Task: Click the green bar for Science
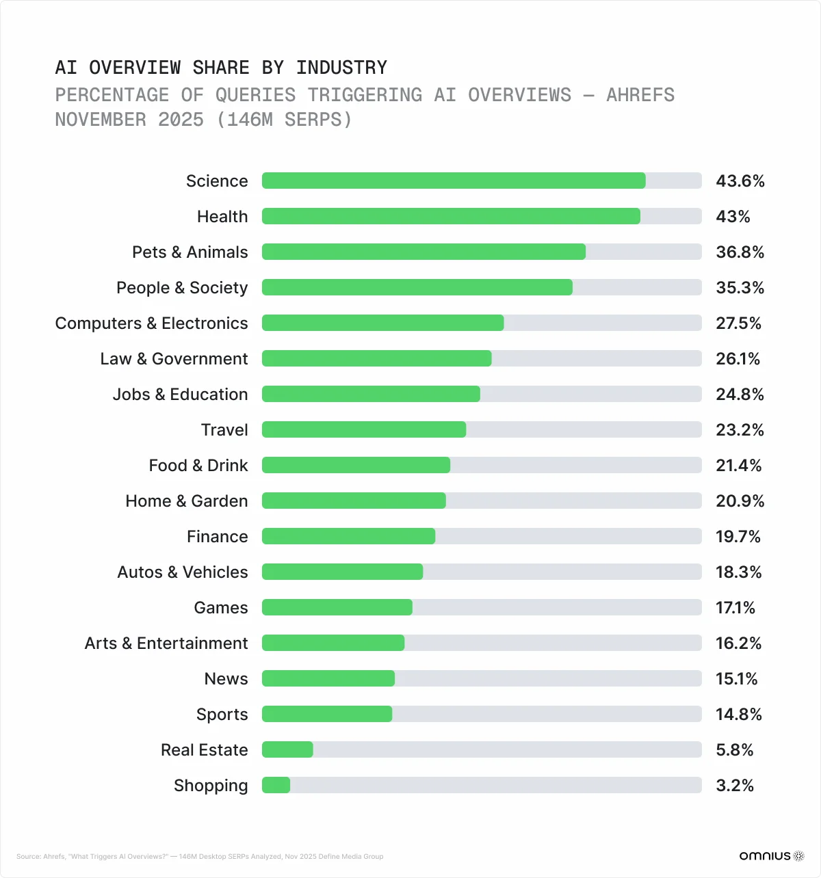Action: (454, 181)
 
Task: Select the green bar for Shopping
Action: (276, 785)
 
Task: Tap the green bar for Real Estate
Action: (287, 749)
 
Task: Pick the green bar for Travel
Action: (364, 429)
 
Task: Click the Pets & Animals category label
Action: (190, 252)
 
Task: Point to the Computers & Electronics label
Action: (151, 323)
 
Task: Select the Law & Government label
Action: (174, 359)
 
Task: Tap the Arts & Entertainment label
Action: (166, 643)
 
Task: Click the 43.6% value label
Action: (740, 181)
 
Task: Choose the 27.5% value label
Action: (738, 323)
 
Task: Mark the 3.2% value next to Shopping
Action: (734, 786)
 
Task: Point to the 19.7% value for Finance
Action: (738, 537)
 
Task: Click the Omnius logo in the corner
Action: (771, 855)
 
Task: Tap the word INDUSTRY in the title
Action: (341, 68)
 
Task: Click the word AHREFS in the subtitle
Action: (640, 95)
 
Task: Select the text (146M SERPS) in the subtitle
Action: (284, 120)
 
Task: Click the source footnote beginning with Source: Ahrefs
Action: (199, 856)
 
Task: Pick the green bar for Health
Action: (451, 216)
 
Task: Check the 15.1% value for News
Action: (736, 679)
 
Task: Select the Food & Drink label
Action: (198, 466)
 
